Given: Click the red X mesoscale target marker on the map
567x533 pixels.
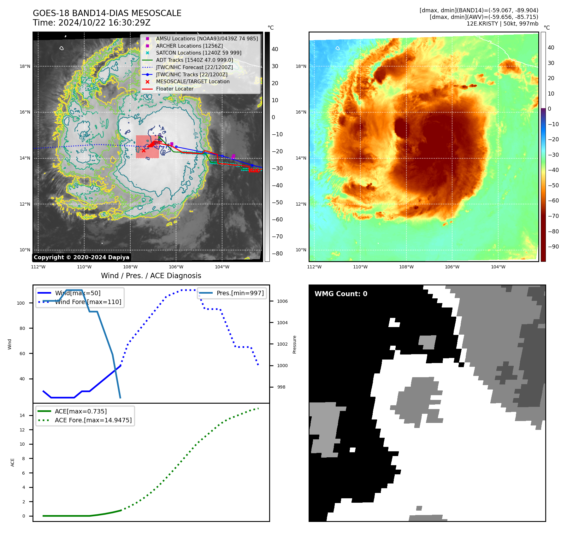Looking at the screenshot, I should click(x=144, y=150).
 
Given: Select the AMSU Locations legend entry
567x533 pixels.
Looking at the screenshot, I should click(x=207, y=38).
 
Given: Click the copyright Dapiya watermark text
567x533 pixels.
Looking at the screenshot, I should click(x=81, y=257).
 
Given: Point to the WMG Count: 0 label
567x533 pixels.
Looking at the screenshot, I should click(x=341, y=294).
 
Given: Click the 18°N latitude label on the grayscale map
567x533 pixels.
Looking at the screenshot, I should click(x=25, y=66).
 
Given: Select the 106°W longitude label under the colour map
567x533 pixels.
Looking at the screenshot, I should click(x=452, y=267).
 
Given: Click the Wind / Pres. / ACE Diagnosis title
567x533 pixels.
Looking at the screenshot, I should click(x=151, y=276).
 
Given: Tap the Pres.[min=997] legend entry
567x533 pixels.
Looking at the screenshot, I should click(x=240, y=293).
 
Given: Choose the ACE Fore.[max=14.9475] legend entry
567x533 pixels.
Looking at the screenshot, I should click(x=93, y=420).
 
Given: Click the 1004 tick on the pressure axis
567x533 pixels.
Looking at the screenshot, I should click(x=282, y=323).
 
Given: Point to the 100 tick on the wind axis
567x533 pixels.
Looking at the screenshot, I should click(x=21, y=303).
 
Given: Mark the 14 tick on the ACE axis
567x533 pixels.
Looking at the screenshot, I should click(x=22, y=415).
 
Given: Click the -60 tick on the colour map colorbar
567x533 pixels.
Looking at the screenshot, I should click(x=553, y=201).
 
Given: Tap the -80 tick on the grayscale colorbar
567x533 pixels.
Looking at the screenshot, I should click(x=277, y=254).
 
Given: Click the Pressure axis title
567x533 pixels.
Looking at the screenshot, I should click(x=294, y=344).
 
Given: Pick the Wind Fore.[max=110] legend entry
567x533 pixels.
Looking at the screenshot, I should click(x=88, y=302).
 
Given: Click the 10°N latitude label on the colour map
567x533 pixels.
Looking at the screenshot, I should click(x=301, y=250).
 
